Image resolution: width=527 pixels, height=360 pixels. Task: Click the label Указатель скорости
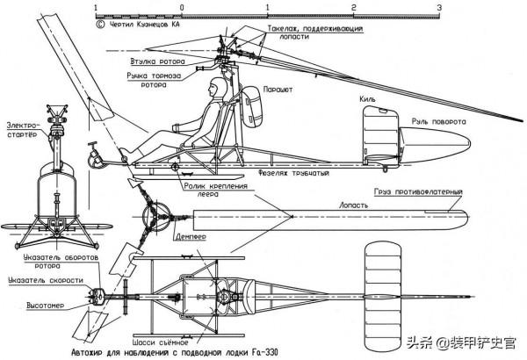pos(43,280)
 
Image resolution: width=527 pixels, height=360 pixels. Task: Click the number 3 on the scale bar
pos(438,8)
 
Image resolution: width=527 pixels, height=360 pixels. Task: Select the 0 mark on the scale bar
pos(181,8)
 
